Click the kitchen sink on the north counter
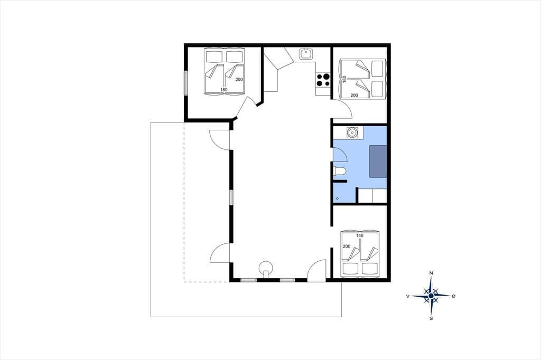coord(306,54)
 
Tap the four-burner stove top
coord(323,80)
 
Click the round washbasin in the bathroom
coord(352,133)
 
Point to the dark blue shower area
coord(378,162)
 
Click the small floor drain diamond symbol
coord(337,198)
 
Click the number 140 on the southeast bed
coord(359,236)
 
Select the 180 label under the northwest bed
coord(224,90)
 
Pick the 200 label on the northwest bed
coord(239,80)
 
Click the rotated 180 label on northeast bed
coord(344,80)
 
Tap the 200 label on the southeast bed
coord(347,247)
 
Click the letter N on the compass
coord(431,273)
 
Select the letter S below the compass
coord(431,319)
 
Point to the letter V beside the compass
coord(408,296)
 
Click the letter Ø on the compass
coord(454,296)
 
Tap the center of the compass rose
coord(431,296)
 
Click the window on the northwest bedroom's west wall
coord(185,83)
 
